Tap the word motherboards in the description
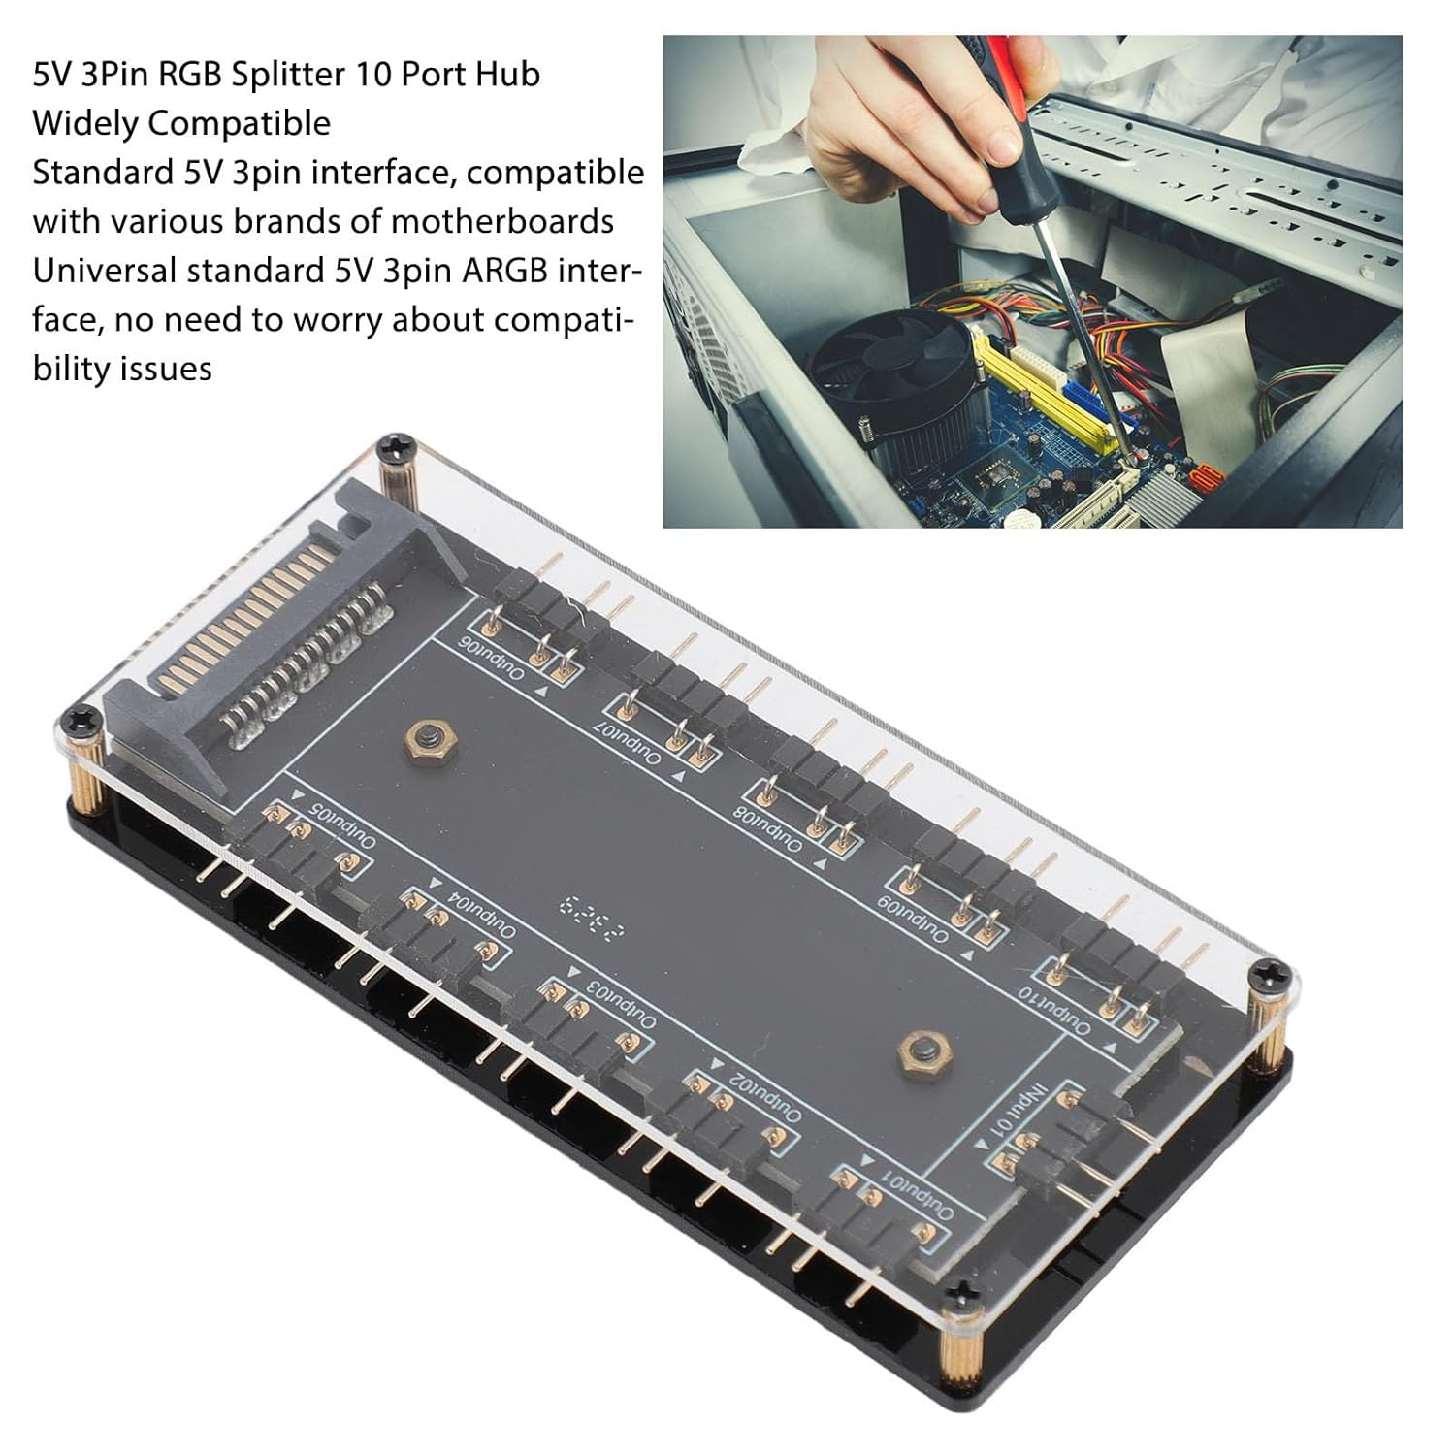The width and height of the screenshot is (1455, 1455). [501, 221]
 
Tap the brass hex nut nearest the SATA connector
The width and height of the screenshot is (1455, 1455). [423, 741]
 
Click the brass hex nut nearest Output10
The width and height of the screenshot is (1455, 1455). [916, 1050]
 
